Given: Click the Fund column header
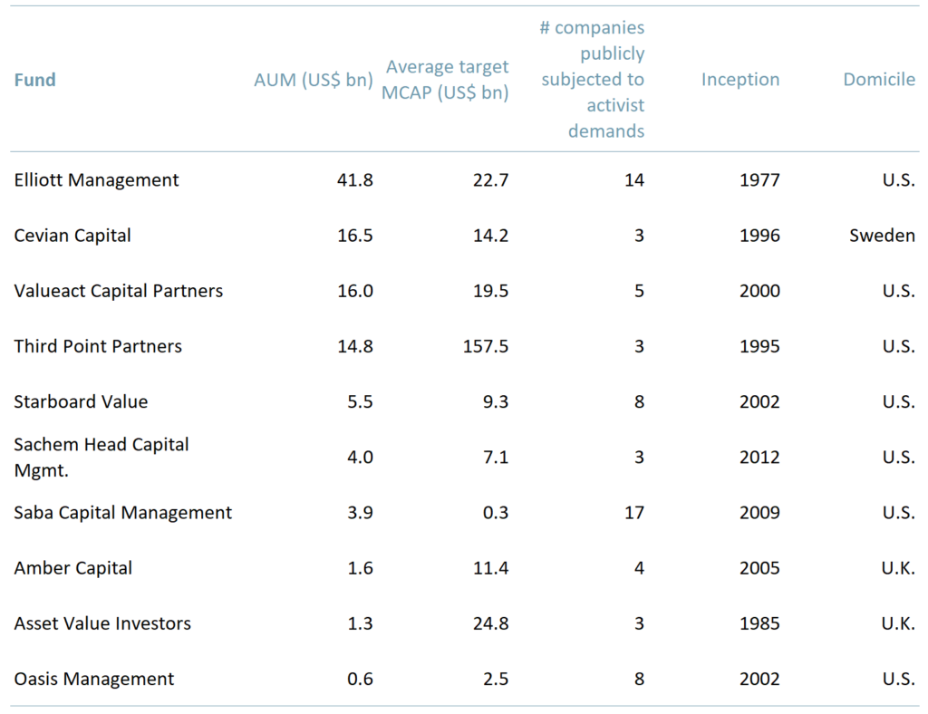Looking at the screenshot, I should [35, 80].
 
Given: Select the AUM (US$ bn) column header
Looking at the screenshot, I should [314, 80].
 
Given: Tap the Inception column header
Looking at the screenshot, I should [739, 80].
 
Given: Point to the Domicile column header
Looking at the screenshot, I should [879, 80].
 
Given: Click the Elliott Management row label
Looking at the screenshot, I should [97, 180].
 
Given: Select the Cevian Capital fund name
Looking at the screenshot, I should [72, 236].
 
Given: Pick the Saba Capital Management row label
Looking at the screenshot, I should [123, 513].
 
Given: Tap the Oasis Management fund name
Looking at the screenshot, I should [94, 680].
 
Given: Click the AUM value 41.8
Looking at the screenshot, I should [354, 180].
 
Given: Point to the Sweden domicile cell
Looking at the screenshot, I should [882, 236].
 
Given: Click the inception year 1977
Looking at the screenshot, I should [759, 180].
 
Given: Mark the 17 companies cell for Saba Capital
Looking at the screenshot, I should [634, 513].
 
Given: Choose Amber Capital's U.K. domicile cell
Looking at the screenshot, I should [897, 568].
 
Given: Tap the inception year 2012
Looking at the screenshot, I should [759, 458].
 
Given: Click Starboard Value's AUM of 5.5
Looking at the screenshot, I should [360, 402].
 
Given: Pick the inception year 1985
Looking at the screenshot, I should [759, 624].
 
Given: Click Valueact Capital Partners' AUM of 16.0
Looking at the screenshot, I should [354, 291].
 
